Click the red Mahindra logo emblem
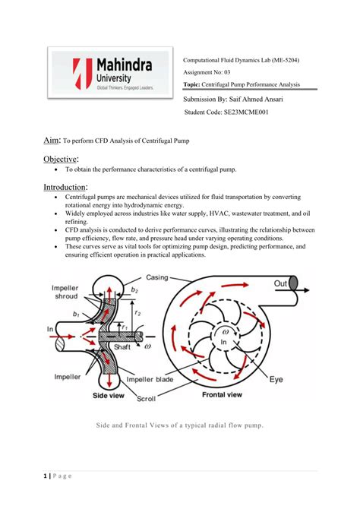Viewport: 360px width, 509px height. pyautogui.click(x=83, y=74)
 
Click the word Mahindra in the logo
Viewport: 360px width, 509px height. pyautogui.click(x=125, y=65)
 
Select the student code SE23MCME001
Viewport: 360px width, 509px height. pyautogui.click(x=246, y=112)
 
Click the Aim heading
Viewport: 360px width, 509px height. pyautogui.click(x=52, y=141)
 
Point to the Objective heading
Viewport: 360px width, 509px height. pyautogui.click(x=61, y=159)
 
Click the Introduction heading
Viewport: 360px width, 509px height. pyautogui.click(x=65, y=188)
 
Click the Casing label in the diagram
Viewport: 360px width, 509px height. pyautogui.click(x=157, y=277)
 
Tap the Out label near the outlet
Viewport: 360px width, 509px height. pyautogui.click(x=280, y=283)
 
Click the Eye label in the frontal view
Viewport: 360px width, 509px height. pyautogui.click(x=276, y=380)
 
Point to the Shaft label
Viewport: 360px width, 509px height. pyautogui.click(x=122, y=347)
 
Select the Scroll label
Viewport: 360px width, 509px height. pyautogui.click(x=146, y=399)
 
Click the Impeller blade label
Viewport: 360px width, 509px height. pyautogui.click(x=150, y=380)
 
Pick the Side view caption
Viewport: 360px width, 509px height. pyautogui.click(x=109, y=395)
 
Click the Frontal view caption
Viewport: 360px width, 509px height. pyautogui.click(x=222, y=395)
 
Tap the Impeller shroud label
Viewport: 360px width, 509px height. pyautogui.click(x=65, y=292)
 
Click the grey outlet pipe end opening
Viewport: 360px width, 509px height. pyautogui.click(x=293, y=283)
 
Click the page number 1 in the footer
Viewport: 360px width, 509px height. pyautogui.click(x=45, y=476)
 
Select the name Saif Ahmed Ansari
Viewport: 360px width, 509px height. pyautogui.click(x=256, y=100)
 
